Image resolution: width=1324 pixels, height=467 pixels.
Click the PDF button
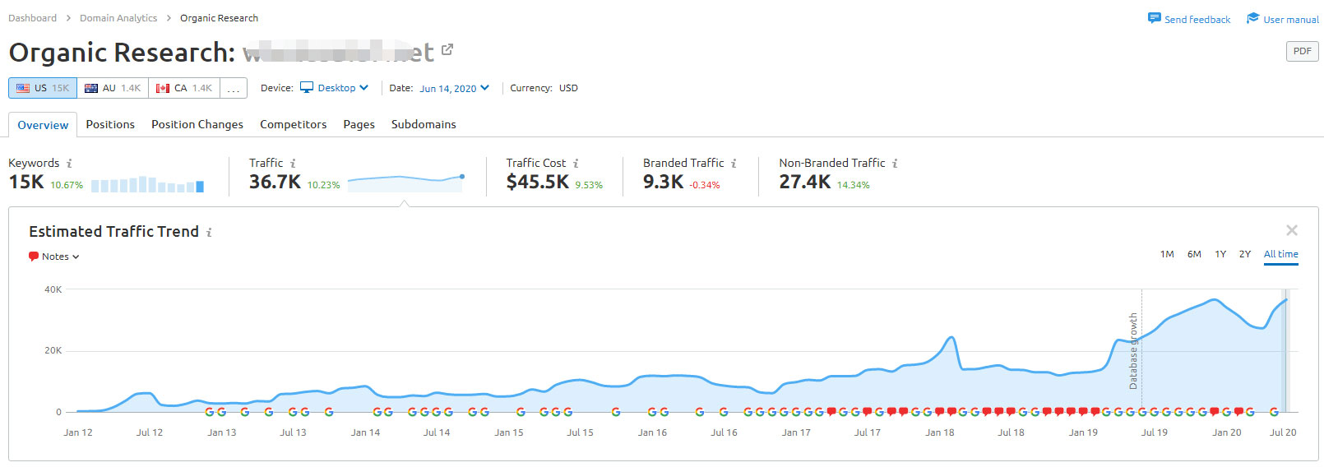pyautogui.click(x=1302, y=51)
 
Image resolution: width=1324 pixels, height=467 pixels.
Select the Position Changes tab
pyautogui.click(x=197, y=124)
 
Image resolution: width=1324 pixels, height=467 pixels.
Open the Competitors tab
pyautogui.click(x=293, y=124)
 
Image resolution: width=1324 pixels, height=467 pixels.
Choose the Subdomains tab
pyautogui.click(x=424, y=124)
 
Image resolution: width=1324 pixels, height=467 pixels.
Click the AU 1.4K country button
pyautogui.click(x=113, y=88)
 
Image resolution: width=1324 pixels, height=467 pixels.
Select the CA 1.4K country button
pyautogui.click(x=184, y=88)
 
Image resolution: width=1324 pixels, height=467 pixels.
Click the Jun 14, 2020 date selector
pyautogui.click(x=454, y=88)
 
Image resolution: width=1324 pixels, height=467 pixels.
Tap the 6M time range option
pyautogui.click(x=1194, y=254)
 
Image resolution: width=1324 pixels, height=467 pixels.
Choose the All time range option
pyautogui.click(x=1280, y=254)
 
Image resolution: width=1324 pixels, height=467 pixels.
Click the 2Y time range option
pyautogui.click(x=1245, y=254)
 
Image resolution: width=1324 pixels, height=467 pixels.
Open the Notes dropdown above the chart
pyautogui.click(x=55, y=257)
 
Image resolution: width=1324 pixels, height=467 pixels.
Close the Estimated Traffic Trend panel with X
pyautogui.click(x=1292, y=230)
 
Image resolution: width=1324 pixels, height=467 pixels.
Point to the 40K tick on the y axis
pyautogui.click(x=53, y=289)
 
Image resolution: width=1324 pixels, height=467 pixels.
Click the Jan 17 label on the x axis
pyautogui.click(x=796, y=432)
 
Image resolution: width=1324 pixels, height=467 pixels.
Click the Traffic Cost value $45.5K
pyautogui.click(x=537, y=182)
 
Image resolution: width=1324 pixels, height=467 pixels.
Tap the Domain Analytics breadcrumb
pyautogui.click(x=118, y=18)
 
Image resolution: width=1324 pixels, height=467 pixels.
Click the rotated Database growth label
pyautogui.click(x=1133, y=351)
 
